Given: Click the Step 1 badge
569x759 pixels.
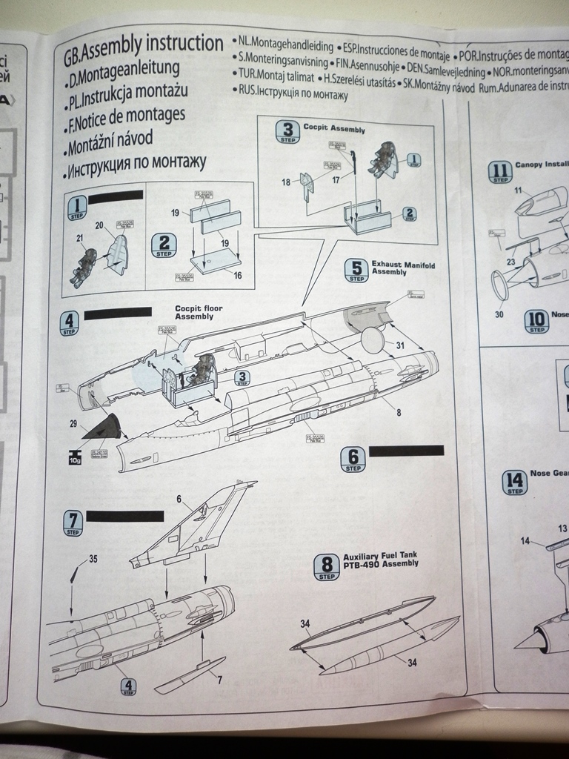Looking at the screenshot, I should (x=77, y=207).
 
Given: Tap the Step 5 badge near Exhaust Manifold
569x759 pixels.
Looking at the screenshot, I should (x=356, y=270).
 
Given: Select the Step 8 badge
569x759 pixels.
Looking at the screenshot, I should (x=326, y=567).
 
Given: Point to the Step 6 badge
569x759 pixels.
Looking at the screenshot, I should (x=353, y=460).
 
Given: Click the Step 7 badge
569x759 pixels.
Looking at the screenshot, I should (x=73, y=523).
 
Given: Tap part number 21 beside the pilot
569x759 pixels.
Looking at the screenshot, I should (x=79, y=238).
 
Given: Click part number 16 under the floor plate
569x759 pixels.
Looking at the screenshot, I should (x=237, y=275).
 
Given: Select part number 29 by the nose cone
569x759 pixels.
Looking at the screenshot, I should (x=73, y=423).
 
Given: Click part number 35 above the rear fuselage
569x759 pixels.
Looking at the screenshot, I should (x=93, y=559).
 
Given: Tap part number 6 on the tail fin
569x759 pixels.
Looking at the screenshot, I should (x=179, y=499).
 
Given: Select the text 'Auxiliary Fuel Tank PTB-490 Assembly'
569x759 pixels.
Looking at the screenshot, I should (x=380, y=559).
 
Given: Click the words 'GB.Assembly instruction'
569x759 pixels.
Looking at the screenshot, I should (x=143, y=46).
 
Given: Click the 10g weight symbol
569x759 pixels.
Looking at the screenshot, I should (x=75, y=457).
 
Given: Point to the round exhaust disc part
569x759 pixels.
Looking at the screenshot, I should (x=373, y=340).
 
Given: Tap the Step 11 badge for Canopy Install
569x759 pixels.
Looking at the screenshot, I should (x=500, y=172).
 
